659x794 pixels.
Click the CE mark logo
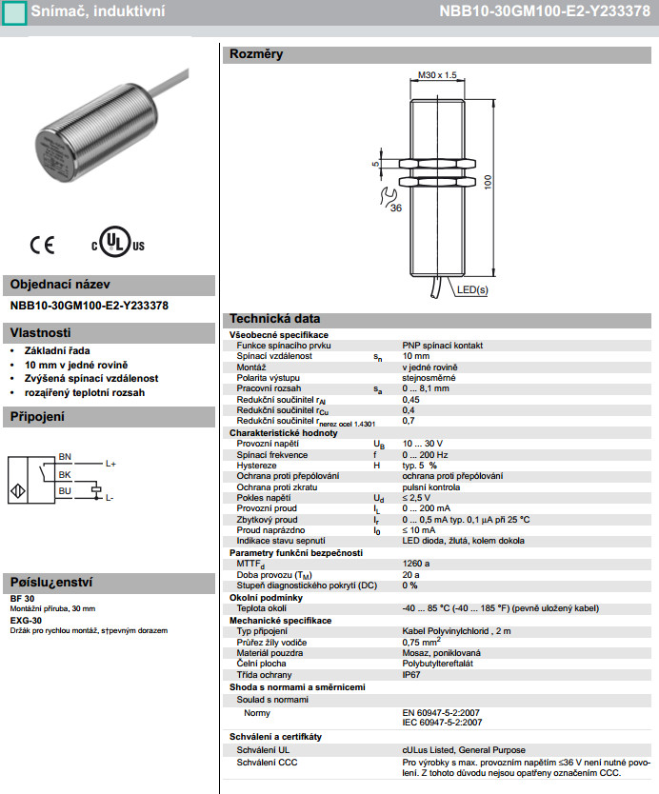pos(42,245)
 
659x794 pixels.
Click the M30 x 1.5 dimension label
pos(438,75)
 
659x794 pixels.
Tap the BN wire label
pos(65,457)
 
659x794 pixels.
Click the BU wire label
pos(65,490)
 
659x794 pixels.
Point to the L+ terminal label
pos(110,464)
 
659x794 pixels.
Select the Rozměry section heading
pos(254,54)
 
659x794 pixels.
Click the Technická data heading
pos(274,319)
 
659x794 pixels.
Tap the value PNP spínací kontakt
pos(443,345)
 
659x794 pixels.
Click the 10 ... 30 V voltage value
pos(422,444)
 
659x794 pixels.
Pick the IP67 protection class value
pos(411,674)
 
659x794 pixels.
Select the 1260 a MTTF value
pos(415,564)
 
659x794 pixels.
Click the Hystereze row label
pos(257,466)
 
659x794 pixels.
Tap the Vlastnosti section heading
pos(40,333)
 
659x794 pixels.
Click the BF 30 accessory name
pos(23,598)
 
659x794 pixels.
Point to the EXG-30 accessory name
pos(26,621)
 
